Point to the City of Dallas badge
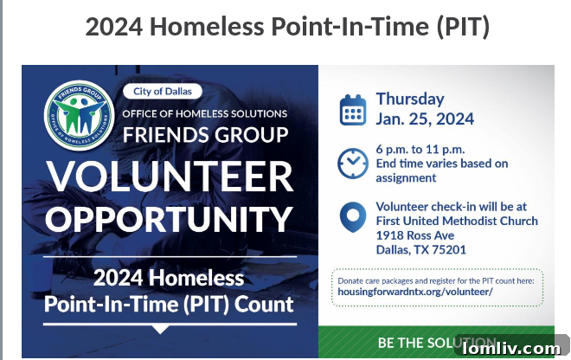(163, 91)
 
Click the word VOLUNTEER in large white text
(170, 177)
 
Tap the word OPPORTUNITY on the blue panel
(170, 218)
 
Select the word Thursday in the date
(410, 99)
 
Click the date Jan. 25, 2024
(425, 119)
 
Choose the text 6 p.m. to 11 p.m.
(420, 148)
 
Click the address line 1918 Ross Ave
(415, 235)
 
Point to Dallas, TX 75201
(421, 249)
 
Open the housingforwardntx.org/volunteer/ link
(413, 292)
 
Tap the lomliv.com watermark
(511, 348)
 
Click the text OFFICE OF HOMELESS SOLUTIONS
(204, 114)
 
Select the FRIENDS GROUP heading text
(206, 135)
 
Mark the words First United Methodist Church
(457, 221)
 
